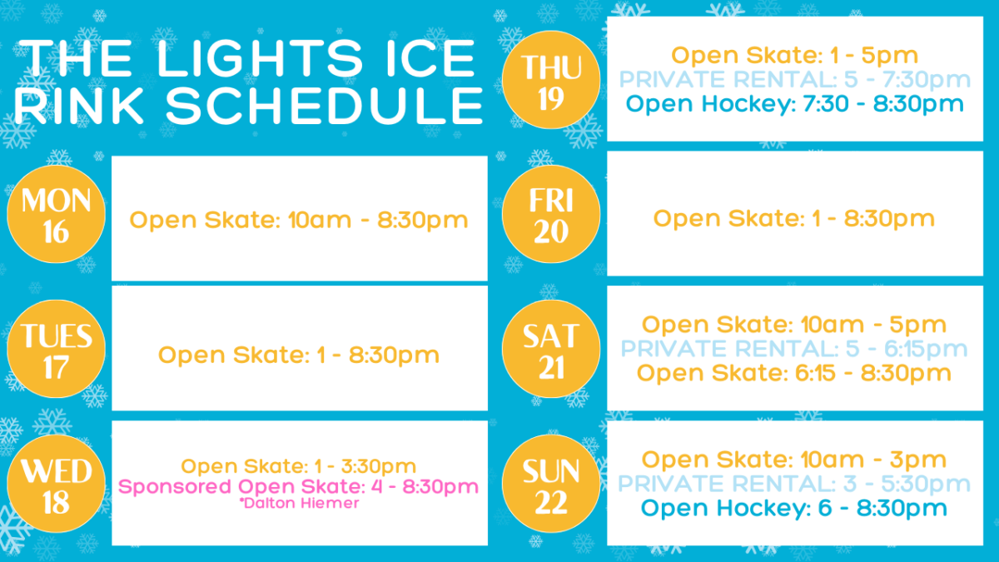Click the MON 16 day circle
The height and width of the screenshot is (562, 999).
pyautogui.click(x=57, y=214)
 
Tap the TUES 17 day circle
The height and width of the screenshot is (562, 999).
pyautogui.click(x=57, y=349)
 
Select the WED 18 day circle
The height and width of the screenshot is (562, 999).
pyautogui.click(x=57, y=484)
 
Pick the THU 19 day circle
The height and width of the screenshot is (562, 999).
pyautogui.click(x=551, y=80)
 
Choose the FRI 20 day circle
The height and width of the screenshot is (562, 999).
pyautogui.click(x=551, y=214)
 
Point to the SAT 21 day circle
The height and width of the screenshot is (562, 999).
pyautogui.click(x=551, y=349)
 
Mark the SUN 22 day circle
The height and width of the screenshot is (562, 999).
pyautogui.click(x=551, y=484)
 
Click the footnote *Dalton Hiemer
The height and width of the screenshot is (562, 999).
pyautogui.click(x=299, y=503)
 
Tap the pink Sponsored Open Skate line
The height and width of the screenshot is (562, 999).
pyautogui.click(x=298, y=486)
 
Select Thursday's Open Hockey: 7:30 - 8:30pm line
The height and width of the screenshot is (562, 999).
pyautogui.click(x=795, y=104)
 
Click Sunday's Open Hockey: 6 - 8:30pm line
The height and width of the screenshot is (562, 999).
pyautogui.click(x=794, y=508)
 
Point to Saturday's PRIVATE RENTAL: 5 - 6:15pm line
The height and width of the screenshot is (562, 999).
pyautogui.click(x=794, y=348)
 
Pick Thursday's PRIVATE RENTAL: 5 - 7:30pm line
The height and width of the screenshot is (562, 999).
pyautogui.click(x=795, y=79)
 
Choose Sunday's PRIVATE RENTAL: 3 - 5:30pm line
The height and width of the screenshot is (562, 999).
pyautogui.click(x=794, y=484)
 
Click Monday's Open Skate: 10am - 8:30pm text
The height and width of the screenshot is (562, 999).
pyautogui.click(x=299, y=221)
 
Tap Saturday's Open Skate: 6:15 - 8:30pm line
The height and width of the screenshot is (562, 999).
pyautogui.click(x=794, y=373)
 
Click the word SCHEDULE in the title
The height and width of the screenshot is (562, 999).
pyautogui.click(x=325, y=107)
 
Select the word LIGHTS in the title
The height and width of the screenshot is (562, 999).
pyautogui.click(x=260, y=58)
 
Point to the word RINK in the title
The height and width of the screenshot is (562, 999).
pyautogui.click(x=79, y=107)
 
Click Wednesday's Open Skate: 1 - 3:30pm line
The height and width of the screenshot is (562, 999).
pyautogui.click(x=299, y=466)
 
